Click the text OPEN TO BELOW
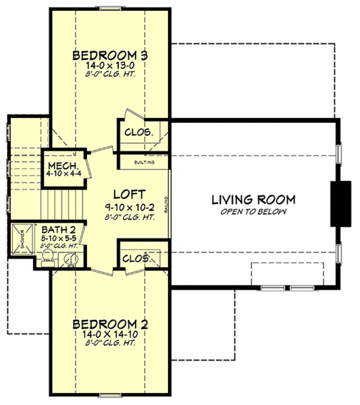click(x=253, y=211)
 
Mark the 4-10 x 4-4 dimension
click(x=62, y=173)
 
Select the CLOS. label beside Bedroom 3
click(x=138, y=132)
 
